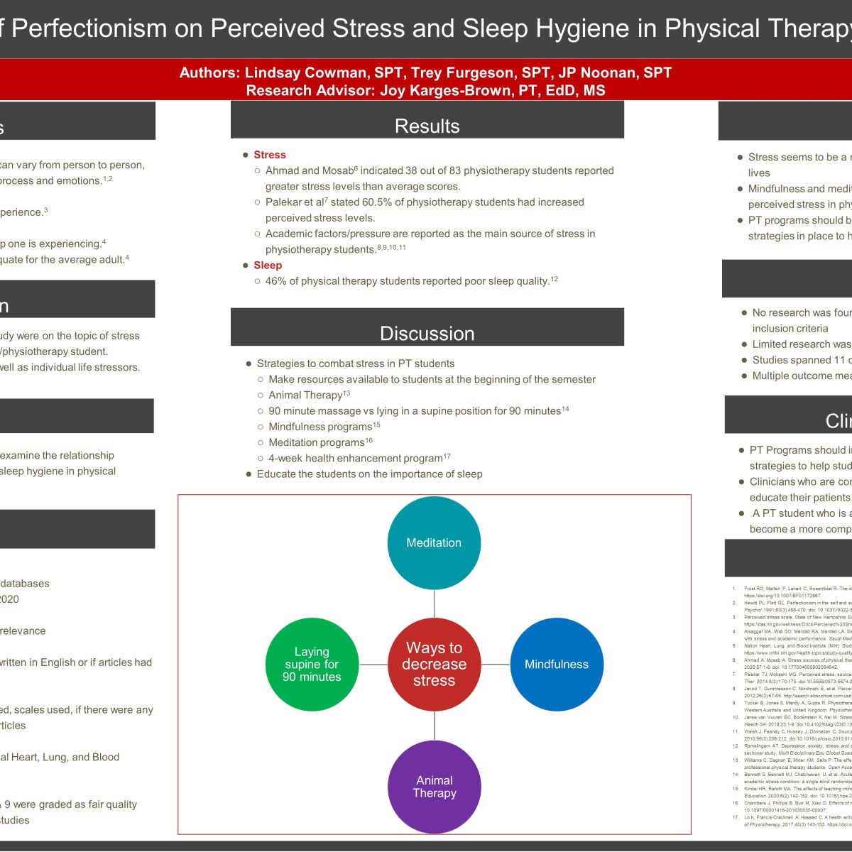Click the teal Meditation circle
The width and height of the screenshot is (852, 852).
[x=434, y=543]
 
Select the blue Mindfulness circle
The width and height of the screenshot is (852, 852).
[x=557, y=665]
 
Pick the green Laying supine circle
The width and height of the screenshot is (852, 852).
[x=312, y=665]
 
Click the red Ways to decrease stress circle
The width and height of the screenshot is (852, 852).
[x=434, y=665]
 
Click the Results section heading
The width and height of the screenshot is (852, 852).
[x=427, y=126]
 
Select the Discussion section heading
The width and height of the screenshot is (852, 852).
[x=427, y=334]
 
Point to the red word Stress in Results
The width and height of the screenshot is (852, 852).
[x=270, y=155]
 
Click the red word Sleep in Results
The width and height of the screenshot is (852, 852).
[x=268, y=266]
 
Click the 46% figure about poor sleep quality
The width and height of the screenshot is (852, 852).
[x=276, y=281]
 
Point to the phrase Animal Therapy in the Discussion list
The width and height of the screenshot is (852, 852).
[x=305, y=395]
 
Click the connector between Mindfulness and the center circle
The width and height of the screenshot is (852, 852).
[x=496, y=665]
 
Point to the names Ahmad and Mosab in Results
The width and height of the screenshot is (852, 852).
[x=309, y=171]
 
